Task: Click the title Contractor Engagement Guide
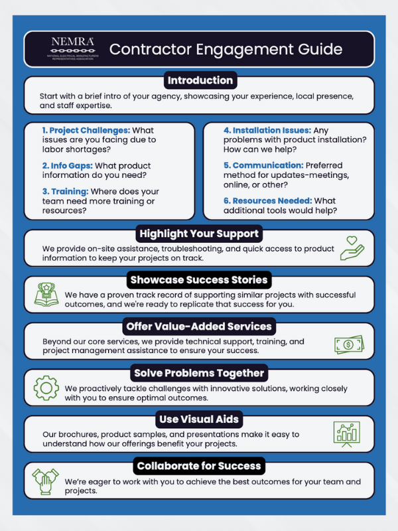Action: pos(226,50)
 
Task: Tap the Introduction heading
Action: pos(200,81)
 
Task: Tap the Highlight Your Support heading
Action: pos(199,234)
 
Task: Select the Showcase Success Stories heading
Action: pos(199,279)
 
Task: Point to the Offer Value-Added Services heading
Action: pos(199,326)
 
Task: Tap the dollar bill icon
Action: pos(348,344)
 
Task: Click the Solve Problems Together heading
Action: pos(199,372)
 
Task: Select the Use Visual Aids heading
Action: pos(199,419)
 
